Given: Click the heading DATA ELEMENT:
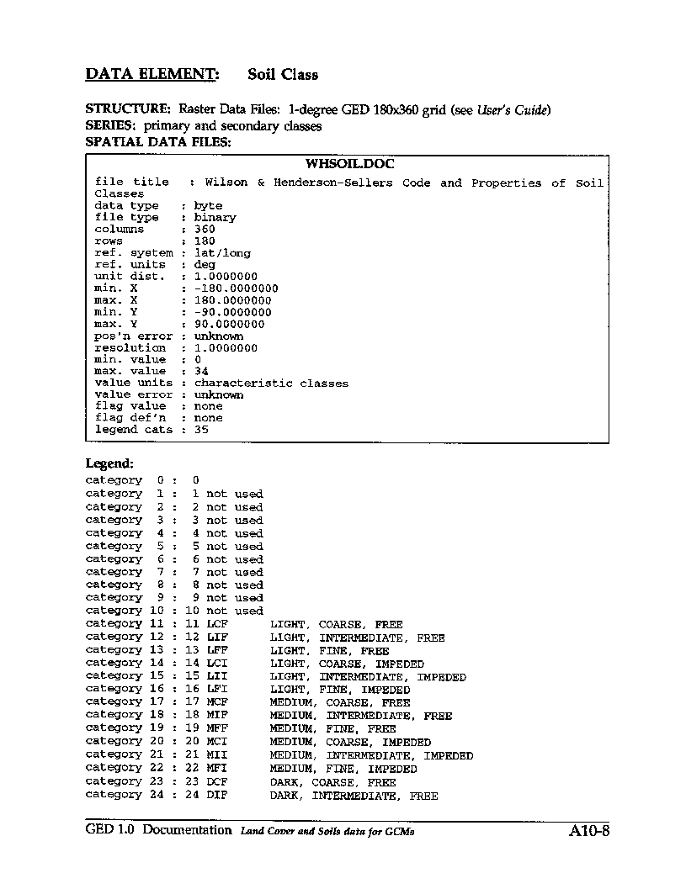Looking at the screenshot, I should click(x=152, y=74).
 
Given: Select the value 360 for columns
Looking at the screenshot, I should click(x=205, y=229).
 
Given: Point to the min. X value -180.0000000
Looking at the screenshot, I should click(x=236, y=288).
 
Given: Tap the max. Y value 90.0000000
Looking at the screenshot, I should click(x=229, y=324).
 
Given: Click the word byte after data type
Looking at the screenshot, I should click(x=208, y=205).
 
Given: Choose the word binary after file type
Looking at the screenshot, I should click(x=215, y=217).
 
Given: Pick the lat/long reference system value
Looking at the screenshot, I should click(x=222, y=252).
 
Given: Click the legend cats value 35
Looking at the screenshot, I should click(x=201, y=429).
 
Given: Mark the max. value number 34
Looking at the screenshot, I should click(x=201, y=371).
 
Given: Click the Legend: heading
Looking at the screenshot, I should click(x=109, y=463).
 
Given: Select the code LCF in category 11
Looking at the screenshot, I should click(x=217, y=625).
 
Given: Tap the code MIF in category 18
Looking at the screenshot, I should click(x=217, y=716).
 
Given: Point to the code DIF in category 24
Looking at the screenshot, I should click(x=217, y=795).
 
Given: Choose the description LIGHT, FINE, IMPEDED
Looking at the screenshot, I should click(x=340, y=690).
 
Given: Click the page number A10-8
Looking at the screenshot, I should click(x=588, y=832).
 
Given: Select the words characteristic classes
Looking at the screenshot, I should click(x=271, y=383).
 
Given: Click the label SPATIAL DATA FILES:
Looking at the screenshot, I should click(x=158, y=142).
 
